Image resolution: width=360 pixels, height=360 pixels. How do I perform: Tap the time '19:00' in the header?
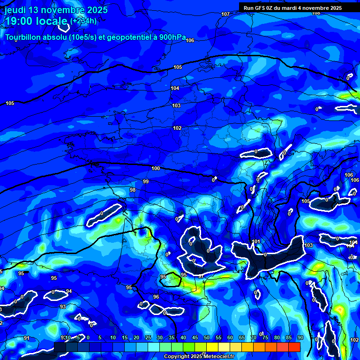19,21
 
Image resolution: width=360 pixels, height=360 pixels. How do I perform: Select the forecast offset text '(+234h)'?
83,21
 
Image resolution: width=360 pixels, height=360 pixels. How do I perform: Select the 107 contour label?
225,14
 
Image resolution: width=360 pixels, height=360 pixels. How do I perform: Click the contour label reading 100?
156,168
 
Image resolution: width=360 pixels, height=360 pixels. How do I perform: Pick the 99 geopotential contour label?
146,181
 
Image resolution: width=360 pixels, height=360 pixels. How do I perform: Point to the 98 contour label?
133,190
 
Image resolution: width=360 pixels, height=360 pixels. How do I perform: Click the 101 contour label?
256,242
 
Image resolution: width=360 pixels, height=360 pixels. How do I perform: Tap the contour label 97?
201,276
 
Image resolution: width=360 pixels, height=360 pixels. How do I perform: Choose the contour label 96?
156,297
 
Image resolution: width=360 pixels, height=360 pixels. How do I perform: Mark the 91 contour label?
27,338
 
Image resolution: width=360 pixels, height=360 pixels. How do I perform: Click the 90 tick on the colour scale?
300,337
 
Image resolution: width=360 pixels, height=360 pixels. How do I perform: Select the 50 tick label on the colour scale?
207,337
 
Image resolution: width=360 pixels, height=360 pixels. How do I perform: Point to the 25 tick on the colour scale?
148,337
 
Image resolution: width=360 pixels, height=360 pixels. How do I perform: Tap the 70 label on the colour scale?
254,337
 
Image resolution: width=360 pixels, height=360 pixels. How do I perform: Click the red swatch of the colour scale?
294,347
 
